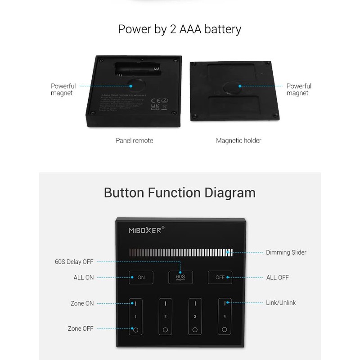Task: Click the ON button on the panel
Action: click(141, 277)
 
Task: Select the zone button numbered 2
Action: click(165, 317)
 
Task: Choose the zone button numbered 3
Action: click(195, 317)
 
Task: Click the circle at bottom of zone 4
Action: click(225, 330)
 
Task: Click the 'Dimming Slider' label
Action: click(286, 252)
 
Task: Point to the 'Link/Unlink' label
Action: click(281, 303)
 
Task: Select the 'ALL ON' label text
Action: click(84, 278)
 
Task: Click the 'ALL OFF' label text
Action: click(278, 278)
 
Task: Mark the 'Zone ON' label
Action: click(82, 303)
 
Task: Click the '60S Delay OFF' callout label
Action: click(74, 262)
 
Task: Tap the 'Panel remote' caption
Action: click(134, 140)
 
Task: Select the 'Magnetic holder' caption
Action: click(238, 140)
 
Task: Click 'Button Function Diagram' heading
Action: click(180, 193)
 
